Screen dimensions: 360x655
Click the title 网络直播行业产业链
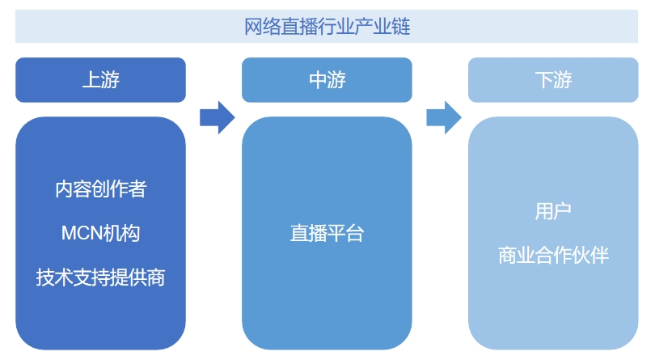click(327, 28)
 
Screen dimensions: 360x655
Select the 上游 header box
click(100, 79)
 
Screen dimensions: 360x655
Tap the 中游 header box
click(327, 79)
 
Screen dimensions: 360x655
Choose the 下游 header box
click(553, 79)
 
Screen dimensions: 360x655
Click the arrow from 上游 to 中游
click(217, 118)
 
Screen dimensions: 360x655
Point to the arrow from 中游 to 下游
click(443, 118)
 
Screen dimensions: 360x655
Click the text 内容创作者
click(100, 189)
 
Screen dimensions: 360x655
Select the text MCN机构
click(100, 234)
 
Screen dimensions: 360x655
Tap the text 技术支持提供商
click(100, 277)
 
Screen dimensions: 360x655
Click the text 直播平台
click(327, 234)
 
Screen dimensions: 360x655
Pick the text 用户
click(553, 212)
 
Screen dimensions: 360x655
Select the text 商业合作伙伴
click(553, 256)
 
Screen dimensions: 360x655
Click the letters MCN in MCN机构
click(82, 234)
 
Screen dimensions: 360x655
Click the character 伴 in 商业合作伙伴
click(599, 256)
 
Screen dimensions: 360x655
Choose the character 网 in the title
click(253, 28)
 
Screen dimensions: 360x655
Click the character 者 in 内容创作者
click(137, 189)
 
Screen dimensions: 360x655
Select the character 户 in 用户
click(563, 212)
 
